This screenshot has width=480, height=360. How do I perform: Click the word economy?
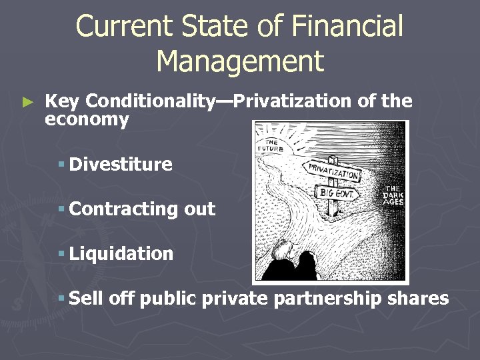[x=87, y=119]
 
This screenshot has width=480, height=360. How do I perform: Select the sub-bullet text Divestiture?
[x=121, y=164]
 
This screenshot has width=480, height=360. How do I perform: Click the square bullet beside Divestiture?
[x=61, y=165]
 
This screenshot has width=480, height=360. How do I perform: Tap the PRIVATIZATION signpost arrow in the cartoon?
[x=332, y=172]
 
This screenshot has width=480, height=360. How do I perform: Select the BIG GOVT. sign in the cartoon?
[x=337, y=193]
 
